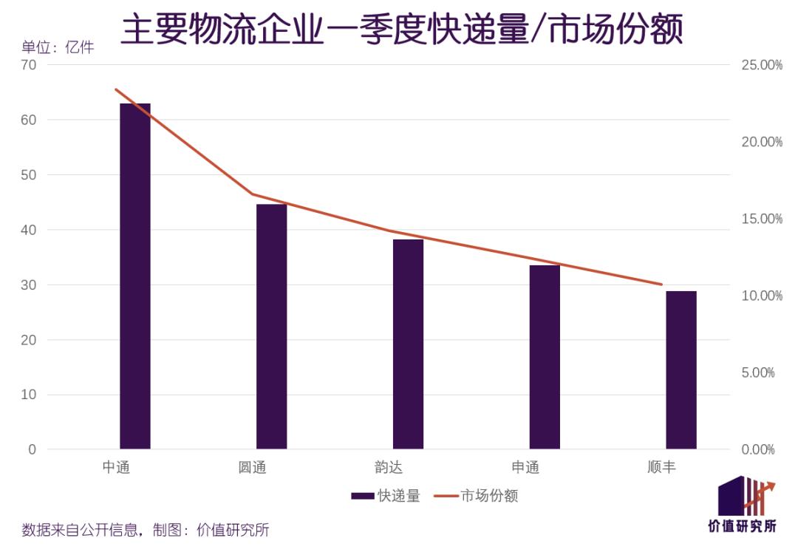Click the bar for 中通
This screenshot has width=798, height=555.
135,276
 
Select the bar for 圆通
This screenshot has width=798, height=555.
271,327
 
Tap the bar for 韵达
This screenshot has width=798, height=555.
408,344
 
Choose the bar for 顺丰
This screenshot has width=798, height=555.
681,370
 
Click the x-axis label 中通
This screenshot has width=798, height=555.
116,468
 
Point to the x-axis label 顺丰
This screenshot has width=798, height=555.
661,468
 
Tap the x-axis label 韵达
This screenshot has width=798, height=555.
389,468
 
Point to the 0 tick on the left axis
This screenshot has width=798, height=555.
32,449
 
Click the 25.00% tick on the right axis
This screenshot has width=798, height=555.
762,65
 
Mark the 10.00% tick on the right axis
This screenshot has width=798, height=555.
762,296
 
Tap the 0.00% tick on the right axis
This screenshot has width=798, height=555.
762,449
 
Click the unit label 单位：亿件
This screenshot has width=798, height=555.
58,48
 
